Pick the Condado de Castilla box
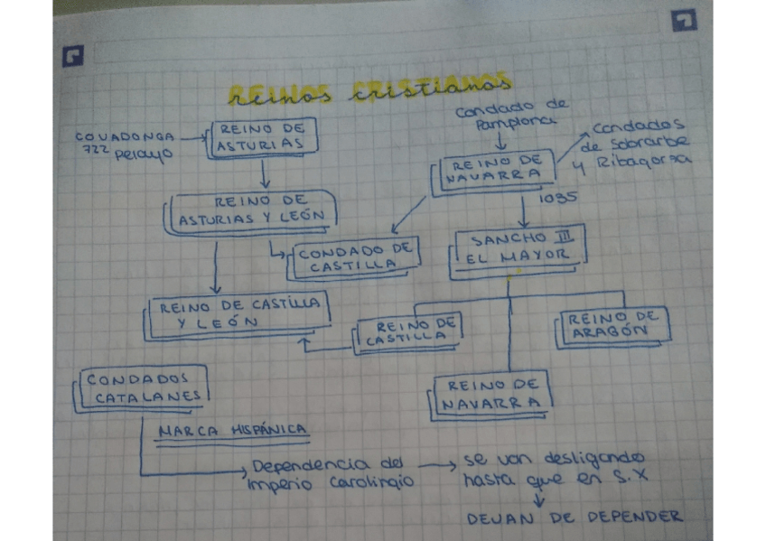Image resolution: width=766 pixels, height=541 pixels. tap(355, 257)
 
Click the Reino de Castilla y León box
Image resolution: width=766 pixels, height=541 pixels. tap(238, 313)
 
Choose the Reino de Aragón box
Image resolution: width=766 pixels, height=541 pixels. tap(613, 324)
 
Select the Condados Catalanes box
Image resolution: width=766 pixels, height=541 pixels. tap(142, 387)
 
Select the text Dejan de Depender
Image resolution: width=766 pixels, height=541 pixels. tap(574, 518)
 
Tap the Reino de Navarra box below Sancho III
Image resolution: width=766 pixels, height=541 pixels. tap(492, 394)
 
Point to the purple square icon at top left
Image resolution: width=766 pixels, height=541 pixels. tap(72, 56)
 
